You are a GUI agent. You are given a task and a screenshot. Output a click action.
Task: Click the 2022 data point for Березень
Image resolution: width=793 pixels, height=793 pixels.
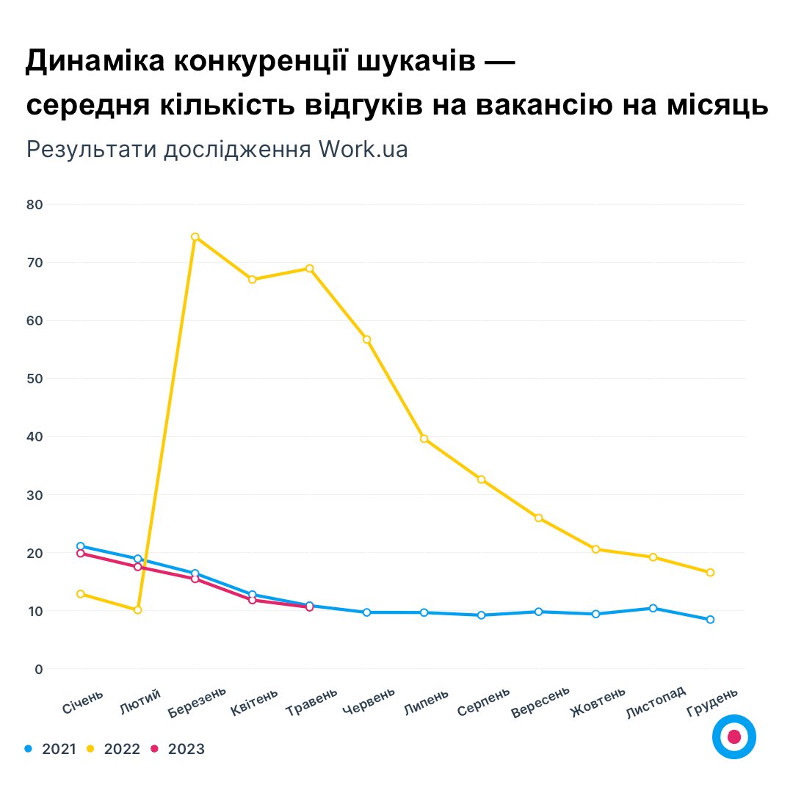pyautogui.click(x=195, y=236)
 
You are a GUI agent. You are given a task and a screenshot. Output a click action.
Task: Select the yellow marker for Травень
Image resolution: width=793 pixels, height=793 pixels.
pyautogui.click(x=309, y=268)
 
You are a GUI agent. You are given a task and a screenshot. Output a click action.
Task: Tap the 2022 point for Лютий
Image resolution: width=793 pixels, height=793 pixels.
pyautogui.click(x=137, y=610)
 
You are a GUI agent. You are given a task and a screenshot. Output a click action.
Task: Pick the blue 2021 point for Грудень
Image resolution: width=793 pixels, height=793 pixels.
pyautogui.click(x=710, y=620)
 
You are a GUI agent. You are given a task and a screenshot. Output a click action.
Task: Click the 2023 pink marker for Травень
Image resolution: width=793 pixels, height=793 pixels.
pyautogui.click(x=309, y=607)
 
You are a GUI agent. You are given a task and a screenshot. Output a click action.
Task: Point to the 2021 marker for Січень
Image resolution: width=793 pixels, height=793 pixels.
pyautogui.click(x=80, y=546)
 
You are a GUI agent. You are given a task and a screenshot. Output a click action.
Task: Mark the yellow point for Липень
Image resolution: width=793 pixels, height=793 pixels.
pyautogui.click(x=424, y=439)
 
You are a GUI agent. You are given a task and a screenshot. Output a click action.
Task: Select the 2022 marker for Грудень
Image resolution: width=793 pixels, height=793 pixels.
pyautogui.click(x=710, y=572)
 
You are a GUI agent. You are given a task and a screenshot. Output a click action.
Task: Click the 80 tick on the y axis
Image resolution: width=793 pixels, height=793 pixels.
pyautogui.click(x=34, y=204)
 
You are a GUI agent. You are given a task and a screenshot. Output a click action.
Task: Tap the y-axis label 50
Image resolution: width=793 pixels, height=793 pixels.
pyautogui.click(x=34, y=379)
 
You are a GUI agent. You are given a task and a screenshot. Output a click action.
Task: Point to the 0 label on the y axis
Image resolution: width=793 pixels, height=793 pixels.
pyautogui.click(x=38, y=669)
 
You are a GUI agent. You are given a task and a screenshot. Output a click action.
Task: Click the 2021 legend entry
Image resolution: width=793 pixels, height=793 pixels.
pyautogui.click(x=51, y=749)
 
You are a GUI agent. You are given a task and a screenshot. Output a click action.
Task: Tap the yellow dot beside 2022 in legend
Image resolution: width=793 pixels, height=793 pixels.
pyautogui.click(x=91, y=749)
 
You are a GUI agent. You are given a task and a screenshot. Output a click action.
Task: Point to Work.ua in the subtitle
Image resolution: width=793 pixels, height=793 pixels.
pyautogui.click(x=363, y=149)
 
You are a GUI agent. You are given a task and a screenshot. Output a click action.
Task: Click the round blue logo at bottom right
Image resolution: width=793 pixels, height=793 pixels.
pyautogui.click(x=734, y=736)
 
